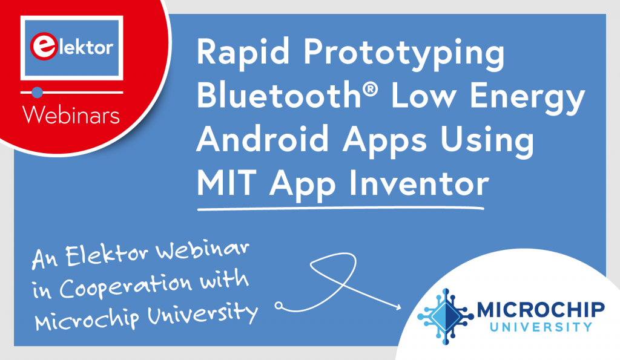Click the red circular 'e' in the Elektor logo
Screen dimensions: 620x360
[44, 46]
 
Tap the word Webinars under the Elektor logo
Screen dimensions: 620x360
[71, 116]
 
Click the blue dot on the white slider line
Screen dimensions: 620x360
[37, 93]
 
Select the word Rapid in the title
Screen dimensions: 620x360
[243, 52]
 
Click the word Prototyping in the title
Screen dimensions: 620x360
[404, 54]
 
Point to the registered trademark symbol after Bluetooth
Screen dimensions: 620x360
[370, 90]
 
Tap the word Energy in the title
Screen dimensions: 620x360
[527, 97]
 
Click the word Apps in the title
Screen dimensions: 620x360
[384, 142]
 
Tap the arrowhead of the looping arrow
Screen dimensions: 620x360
[398, 306]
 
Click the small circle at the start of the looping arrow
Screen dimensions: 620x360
[279, 306]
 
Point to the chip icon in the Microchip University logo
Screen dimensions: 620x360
[445, 316]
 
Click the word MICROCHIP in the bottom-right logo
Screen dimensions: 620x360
[541, 310]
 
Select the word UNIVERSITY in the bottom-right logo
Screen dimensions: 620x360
[541, 327]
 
